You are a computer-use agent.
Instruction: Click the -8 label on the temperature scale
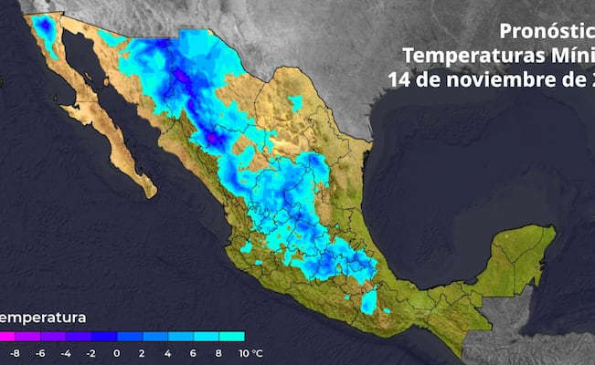pyautogui.click(x=13, y=352)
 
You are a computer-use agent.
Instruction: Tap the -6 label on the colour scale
pyautogui.click(x=39, y=352)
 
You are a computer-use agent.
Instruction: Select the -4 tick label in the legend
pyautogui.click(x=65, y=352)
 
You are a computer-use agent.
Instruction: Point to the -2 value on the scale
pyautogui.click(x=90, y=352)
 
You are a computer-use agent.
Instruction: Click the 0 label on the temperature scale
pyautogui.click(x=117, y=352)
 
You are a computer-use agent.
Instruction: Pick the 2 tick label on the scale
pyautogui.click(x=143, y=352)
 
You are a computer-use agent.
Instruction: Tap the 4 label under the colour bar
pyautogui.click(x=168, y=352)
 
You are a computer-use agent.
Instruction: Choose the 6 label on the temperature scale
pyautogui.click(x=194, y=352)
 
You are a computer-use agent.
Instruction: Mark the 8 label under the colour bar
pyautogui.click(x=219, y=352)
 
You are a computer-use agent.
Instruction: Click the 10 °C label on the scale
pyautogui.click(x=250, y=352)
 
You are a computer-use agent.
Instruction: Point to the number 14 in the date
pyautogui.click(x=400, y=79)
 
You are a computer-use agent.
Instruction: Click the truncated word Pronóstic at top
pyautogui.click(x=547, y=27)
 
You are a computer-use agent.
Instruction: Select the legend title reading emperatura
pyautogui.click(x=43, y=318)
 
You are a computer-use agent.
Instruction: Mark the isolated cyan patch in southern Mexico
pyautogui.click(x=368, y=301)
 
